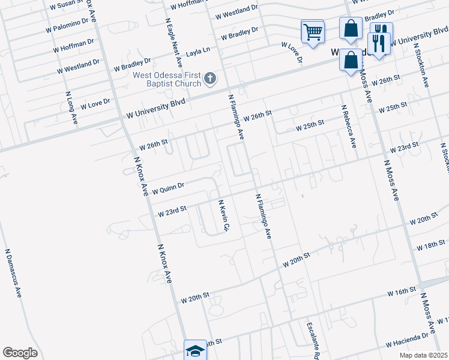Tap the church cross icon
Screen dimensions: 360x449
210,77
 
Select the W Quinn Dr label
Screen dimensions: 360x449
168,189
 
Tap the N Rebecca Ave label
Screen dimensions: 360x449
349,127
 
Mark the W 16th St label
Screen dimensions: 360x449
402,292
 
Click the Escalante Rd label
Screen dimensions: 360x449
313,341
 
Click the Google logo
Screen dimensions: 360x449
20,353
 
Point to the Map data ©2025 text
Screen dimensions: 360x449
423,355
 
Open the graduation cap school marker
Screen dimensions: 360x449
194,350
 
